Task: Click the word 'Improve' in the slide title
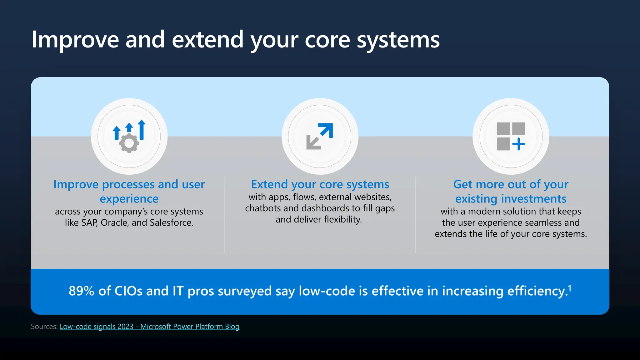pos(75,40)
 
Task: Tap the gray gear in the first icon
pos(129,143)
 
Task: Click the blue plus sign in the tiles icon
pos(519,144)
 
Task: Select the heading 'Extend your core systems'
pos(320,184)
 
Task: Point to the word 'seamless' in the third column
pos(543,223)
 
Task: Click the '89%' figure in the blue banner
pos(81,291)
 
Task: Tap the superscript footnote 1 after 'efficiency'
pos(570,288)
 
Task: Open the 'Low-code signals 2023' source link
pos(149,327)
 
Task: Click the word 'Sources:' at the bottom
pos(44,327)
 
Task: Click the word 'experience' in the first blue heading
pos(129,199)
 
